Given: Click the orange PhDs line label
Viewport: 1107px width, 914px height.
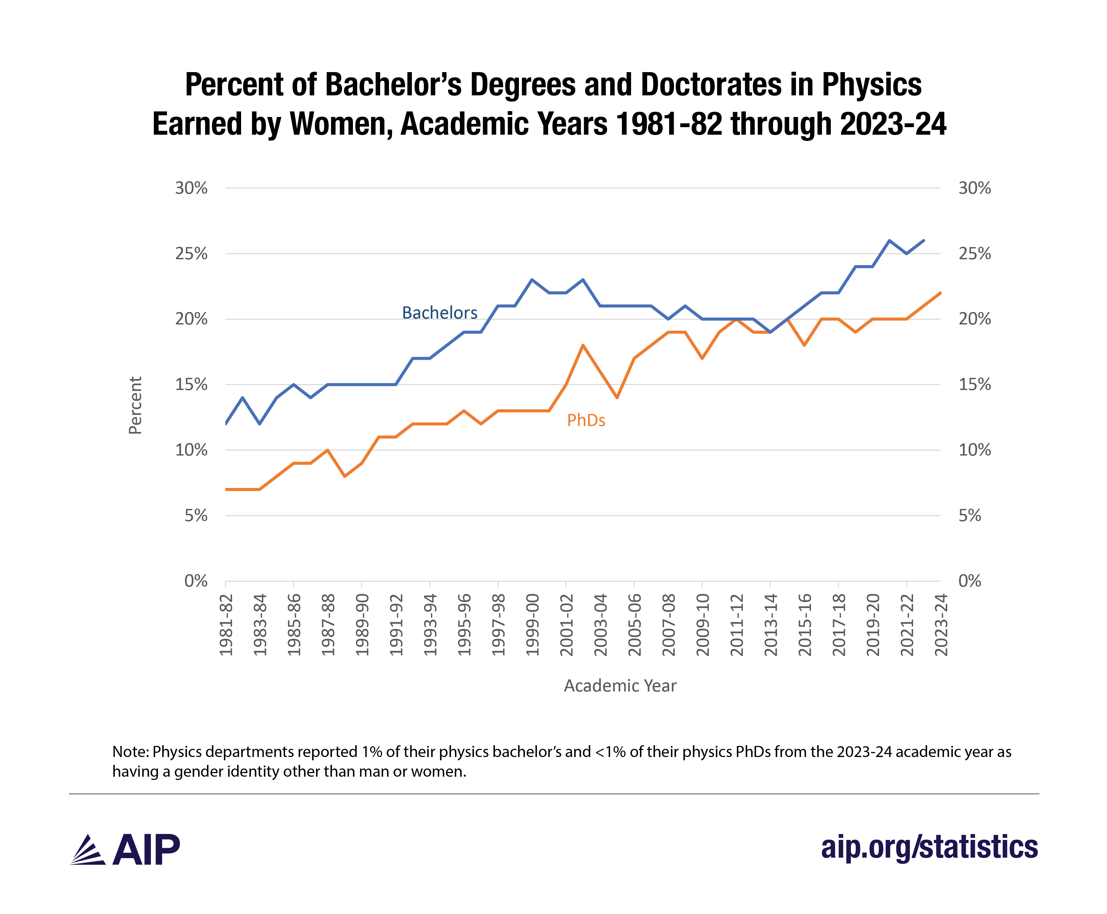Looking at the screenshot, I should [x=586, y=420].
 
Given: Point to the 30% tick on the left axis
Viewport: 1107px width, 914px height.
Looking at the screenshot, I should [x=191, y=188].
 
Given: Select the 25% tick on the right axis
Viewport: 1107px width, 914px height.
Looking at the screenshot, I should [x=974, y=254].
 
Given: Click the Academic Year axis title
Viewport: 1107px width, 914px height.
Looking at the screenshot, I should [x=620, y=686].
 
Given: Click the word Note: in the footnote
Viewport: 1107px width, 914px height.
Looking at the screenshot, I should [x=130, y=751].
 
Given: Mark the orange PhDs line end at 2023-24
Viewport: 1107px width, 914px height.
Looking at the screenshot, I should [x=940, y=293].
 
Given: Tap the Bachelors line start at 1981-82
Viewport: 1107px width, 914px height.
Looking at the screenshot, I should [x=226, y=423].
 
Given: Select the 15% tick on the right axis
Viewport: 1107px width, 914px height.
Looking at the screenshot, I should [x=974, y=384].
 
